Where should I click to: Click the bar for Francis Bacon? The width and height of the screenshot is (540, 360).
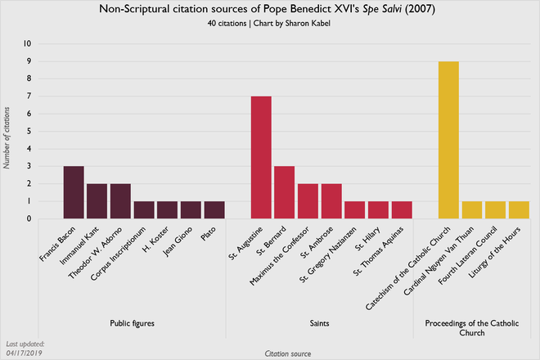(x=74, y=192)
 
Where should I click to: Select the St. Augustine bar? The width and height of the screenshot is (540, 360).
(x=261, y=157)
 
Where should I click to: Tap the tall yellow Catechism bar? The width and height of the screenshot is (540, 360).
(x=449, y=140)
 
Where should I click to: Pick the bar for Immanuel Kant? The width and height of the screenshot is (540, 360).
(x=97, y=201)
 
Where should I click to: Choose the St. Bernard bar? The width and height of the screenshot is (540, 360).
(x=285, y=192)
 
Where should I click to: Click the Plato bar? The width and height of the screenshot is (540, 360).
(x=214, y=210)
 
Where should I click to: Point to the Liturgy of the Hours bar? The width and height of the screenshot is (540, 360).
(x=520, y=210)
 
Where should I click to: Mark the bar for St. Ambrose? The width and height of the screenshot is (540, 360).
(x=331, y=201)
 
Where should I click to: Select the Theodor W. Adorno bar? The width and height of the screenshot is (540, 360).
(x=120, y=201)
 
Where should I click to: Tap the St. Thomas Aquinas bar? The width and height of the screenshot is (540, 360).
(x=402, y=210)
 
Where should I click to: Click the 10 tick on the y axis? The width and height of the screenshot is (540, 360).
(x=29, y=43)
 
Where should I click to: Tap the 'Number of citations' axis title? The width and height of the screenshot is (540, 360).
(x=8, y=131)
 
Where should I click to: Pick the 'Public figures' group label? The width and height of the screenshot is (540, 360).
(x=133, y=323)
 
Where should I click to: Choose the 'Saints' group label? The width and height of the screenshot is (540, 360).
(x=320, y=323)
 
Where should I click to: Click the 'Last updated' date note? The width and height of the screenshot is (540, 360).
(x=25, y=349)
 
